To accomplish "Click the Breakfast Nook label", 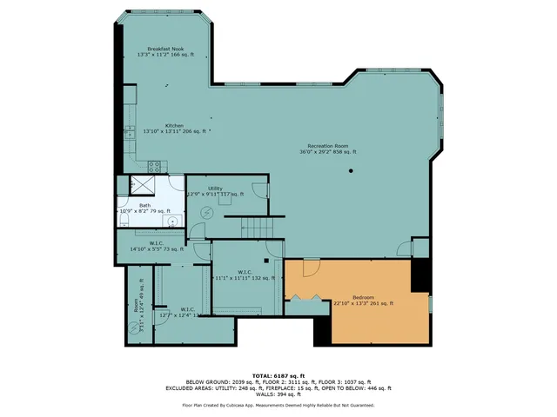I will pos(164,50).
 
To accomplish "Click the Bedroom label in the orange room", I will pos(363,299).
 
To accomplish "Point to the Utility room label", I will pos(215,190).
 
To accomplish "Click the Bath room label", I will pos(144,208).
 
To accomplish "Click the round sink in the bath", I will pos(172,222).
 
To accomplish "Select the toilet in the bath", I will pos(123,216).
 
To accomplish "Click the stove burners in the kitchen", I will pos(156,166).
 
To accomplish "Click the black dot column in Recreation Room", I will pos(352,170).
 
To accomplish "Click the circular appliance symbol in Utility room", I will pos(207,213).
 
